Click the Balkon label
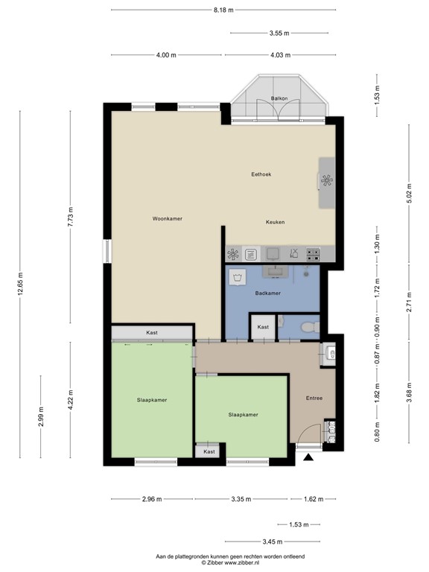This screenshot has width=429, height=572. click(x=279, y=98)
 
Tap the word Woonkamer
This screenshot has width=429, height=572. click(x=168, y=218)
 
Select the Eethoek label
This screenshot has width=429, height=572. click(x=261, y=174)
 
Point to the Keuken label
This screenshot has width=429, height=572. click(x=276, y=222)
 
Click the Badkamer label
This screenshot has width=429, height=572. click(x=267, y=293)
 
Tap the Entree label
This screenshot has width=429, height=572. click(x=314, y=398)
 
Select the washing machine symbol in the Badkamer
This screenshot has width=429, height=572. click(x=238, y=279)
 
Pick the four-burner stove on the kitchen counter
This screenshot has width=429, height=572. click(x=314, y=254)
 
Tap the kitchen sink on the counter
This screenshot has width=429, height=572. click(x=273, y=254)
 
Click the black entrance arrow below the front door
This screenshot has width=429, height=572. click(x=308, y=460)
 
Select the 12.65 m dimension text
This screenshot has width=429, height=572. click(x=20, y=284)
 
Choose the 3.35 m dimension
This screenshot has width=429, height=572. click(x=241, y=499)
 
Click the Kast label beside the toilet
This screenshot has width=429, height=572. click(x=263, y=328)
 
